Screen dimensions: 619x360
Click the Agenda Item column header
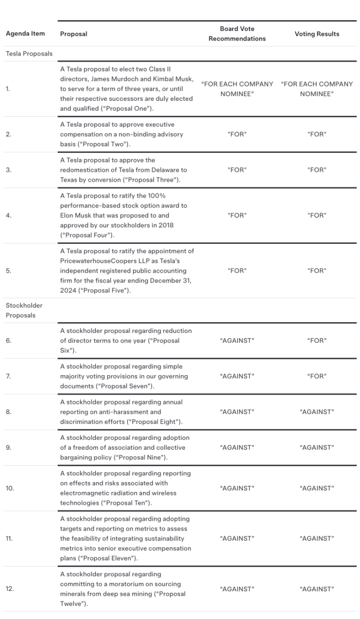[25, 34]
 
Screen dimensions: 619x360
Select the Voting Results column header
[317, 34]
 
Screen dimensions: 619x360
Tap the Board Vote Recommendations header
[237, 34]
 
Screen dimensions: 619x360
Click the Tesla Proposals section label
[29, 53]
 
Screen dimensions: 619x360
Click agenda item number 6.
[9, 341]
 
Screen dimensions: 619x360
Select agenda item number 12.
[10, 589]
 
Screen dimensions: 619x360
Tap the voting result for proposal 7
[317, 376]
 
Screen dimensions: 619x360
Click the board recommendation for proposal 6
[237, 341]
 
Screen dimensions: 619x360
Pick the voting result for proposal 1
[317, 89]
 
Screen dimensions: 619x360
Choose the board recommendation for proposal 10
[237, 488]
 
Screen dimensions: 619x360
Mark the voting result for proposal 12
[317, 589]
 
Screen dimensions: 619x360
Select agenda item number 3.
[8, 170]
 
